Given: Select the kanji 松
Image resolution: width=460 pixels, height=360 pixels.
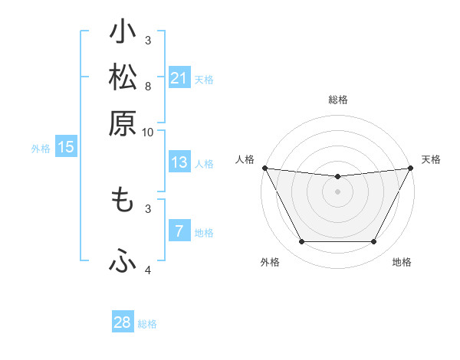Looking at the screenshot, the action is click(123, 77).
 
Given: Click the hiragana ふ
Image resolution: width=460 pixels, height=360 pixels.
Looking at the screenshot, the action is click(123, 261).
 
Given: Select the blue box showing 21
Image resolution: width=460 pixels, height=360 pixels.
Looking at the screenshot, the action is click(179, 78).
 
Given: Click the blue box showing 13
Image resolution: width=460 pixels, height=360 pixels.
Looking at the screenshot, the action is click(179, 162).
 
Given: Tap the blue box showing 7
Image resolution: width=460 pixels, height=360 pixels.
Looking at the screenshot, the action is click(179, 231).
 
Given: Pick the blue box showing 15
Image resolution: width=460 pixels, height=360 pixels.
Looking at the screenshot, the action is click(66, 147).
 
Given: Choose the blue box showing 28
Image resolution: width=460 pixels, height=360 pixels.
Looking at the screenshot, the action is click(123, 322).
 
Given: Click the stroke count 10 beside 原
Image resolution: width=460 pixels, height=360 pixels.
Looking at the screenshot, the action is click(148, 132).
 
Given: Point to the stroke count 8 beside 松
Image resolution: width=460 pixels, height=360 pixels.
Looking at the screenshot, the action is click(148, 86).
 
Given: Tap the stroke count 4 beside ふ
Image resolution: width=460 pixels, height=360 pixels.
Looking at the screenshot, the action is click(148, 270).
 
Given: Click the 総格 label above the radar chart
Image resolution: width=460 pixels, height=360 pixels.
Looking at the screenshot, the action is click(337, 100).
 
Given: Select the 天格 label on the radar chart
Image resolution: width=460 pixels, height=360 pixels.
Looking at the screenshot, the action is click(431, 159).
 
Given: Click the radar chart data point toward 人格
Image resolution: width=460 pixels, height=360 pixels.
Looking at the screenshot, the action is click(264, 168).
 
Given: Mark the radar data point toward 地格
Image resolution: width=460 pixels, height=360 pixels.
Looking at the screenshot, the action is click(374, 242).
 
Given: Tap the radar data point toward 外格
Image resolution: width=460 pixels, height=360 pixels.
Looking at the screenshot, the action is click(301, 242).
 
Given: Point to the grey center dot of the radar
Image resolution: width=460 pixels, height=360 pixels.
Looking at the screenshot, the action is click(337, 191).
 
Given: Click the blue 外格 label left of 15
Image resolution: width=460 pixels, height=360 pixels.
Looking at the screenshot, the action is click(41, 149).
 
